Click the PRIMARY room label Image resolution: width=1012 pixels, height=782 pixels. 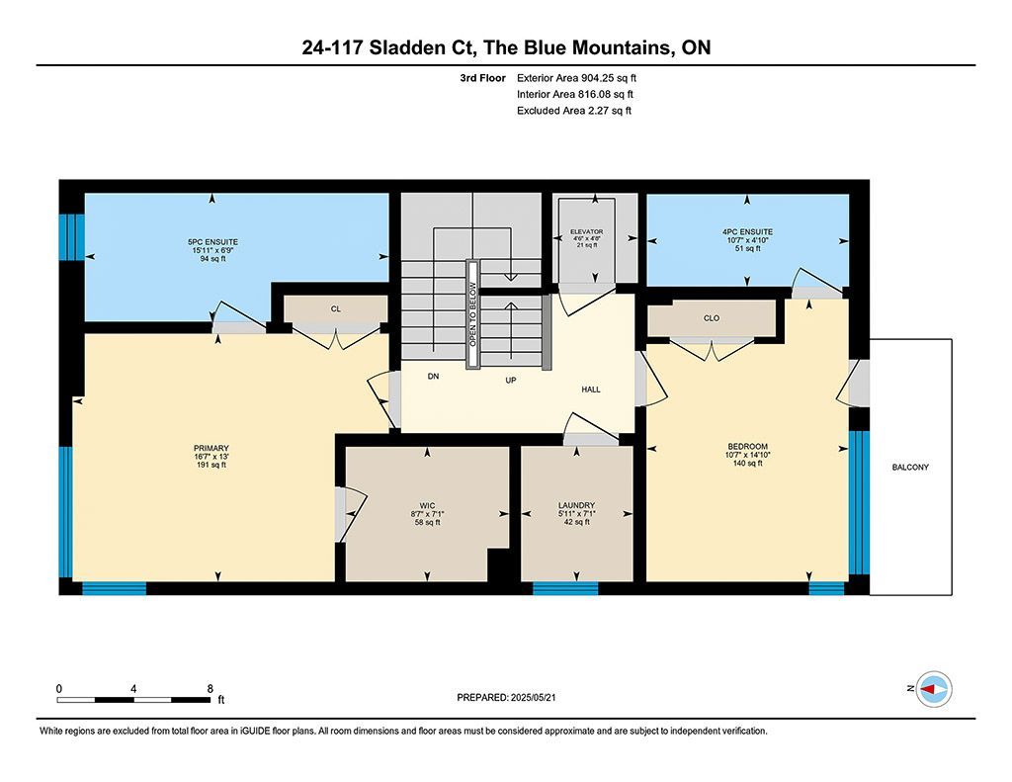[211, 448]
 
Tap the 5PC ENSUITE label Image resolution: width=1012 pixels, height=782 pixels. [213, 242]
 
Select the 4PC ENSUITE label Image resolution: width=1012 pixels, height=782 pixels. [747, 231]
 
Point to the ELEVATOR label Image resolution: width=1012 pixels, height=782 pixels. [587, 231]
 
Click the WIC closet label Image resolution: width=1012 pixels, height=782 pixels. [427, 505]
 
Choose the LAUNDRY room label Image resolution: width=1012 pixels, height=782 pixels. [576, 505]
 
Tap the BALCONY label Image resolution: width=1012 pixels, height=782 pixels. [910, 467]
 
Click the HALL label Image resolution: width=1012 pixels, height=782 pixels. [591, 390]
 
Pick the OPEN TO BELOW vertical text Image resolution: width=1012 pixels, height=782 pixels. [472, 313]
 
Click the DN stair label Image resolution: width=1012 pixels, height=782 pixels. [433, 376]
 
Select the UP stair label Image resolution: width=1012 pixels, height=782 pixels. [511, 381]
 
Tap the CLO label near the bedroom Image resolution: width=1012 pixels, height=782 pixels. [712, 318]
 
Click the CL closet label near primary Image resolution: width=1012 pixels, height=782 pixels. [336, 308]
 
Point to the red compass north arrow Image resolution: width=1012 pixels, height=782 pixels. [927, 690]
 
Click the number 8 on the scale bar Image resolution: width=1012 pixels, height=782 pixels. [210, 689]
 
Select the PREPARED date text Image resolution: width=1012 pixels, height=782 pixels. [506, 697]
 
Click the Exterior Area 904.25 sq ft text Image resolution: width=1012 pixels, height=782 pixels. [576, 78]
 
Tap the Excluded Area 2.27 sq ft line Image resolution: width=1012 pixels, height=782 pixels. [574, 111]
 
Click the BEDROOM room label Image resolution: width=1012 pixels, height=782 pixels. [747, 446]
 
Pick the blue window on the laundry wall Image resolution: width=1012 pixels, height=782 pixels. [565, 588]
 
